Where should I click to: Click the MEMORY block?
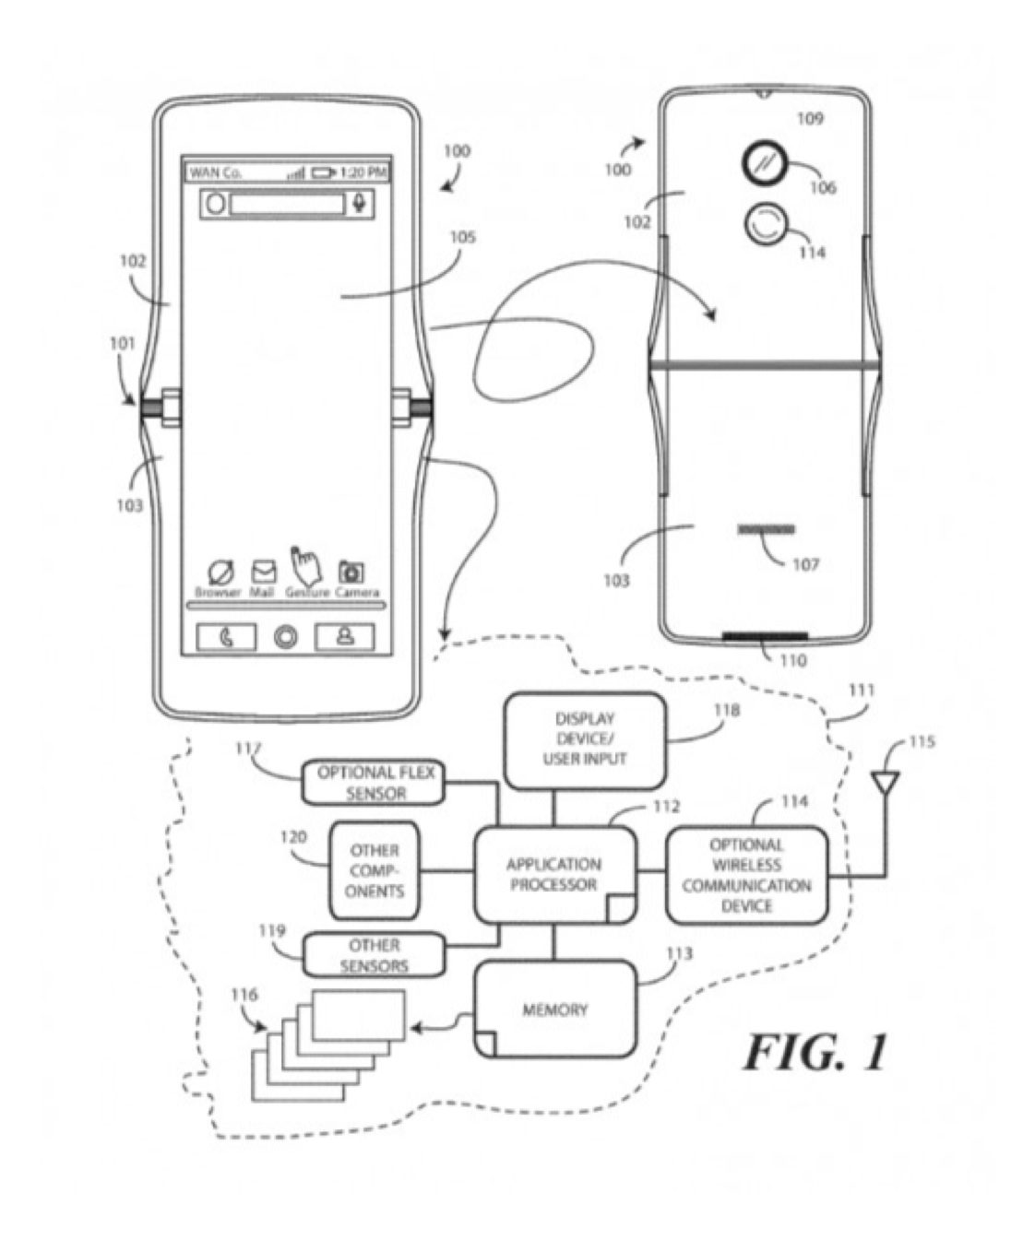(x=554, y=1010)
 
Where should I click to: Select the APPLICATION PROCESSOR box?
(x=554, y=875)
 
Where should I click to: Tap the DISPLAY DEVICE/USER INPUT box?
(x=584, y=739)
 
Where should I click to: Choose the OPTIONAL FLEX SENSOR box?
(x=375, y=783)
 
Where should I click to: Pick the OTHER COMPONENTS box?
(x=375, y=870)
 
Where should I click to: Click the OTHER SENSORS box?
(x=375, y=955)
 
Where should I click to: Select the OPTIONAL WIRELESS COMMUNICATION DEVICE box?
(x=746, y=875)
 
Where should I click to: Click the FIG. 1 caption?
(x=815, y=1052)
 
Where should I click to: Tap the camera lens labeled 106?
(x=764, y=164)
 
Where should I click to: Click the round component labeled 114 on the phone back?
(x=764, y=224)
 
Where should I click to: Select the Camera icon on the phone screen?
(x=351, y=572)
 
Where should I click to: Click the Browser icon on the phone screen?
(x=220, y=572)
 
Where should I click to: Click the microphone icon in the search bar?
(x=359, y=203)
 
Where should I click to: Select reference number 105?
(x=462, y=238)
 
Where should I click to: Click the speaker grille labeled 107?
(x=766, y=530)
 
